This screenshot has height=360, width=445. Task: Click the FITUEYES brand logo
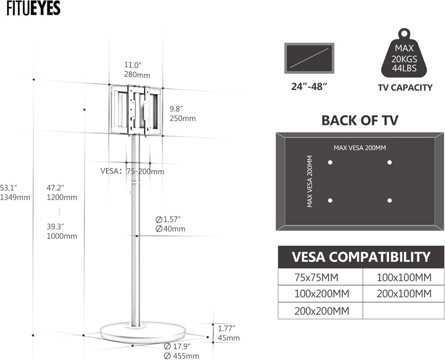click(34, 8)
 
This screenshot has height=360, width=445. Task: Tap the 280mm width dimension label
click(137, 75)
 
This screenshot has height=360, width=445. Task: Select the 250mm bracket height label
click(183, 119)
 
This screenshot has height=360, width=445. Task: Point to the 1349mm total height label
click(15, 197)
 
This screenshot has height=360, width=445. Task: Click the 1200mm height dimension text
click(62, 197)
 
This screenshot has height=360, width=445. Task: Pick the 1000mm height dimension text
click(62, 236)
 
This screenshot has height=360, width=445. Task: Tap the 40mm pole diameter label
click(170, 229)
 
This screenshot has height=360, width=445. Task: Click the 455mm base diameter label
click(181, 356)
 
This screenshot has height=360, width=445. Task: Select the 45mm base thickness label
click(229, 338)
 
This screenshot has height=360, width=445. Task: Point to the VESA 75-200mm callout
click(132, 171)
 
